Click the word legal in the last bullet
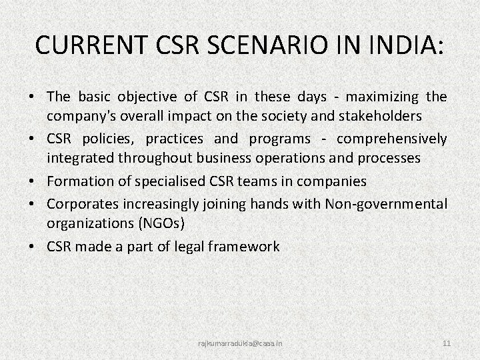pos(185,247)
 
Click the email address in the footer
pos(240,343)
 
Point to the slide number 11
pos(447,343)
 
